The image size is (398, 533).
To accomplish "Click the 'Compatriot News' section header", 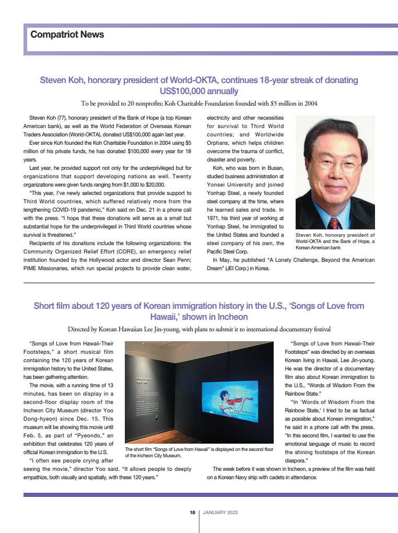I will pos(67,34).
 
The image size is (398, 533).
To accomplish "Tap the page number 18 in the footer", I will pos(192,512).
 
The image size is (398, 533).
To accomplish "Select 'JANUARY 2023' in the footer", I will pos(220,512).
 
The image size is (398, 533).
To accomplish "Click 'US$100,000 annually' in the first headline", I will pos(199,91).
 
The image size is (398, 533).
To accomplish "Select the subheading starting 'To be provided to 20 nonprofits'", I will pos(199,103).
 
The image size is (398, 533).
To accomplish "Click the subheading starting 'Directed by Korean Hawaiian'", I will pos(199,329).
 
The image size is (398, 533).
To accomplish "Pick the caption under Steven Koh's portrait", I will pos(335,241).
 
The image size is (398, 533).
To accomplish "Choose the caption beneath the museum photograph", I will pos(199,452).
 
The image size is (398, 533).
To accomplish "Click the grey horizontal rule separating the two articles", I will pos(199,283).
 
